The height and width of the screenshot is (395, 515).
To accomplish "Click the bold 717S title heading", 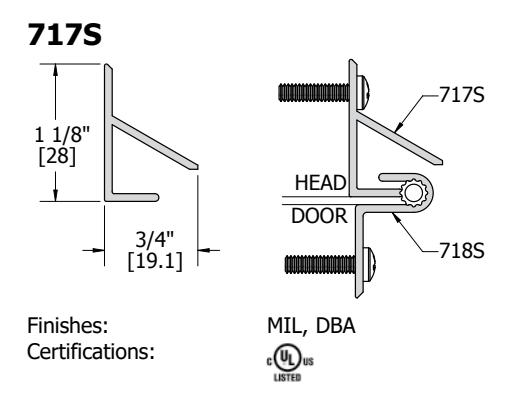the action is click(64, 35).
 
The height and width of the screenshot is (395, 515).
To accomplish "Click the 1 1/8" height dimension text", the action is click(62, 135).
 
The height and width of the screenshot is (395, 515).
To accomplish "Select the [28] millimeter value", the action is click(57, 156).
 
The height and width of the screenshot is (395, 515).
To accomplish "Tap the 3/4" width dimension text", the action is click(154, 239).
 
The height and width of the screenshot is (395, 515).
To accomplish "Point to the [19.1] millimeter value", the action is click(155, 261).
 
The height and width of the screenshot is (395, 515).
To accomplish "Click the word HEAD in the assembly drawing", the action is click(320, 183).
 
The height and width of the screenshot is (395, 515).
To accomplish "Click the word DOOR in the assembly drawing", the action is click(319, 216).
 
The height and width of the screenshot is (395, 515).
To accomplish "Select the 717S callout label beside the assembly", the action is click(461, 95).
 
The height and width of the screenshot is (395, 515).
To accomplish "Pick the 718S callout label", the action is click(461, 251).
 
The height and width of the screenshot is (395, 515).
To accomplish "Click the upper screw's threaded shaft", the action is click(314, 92).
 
